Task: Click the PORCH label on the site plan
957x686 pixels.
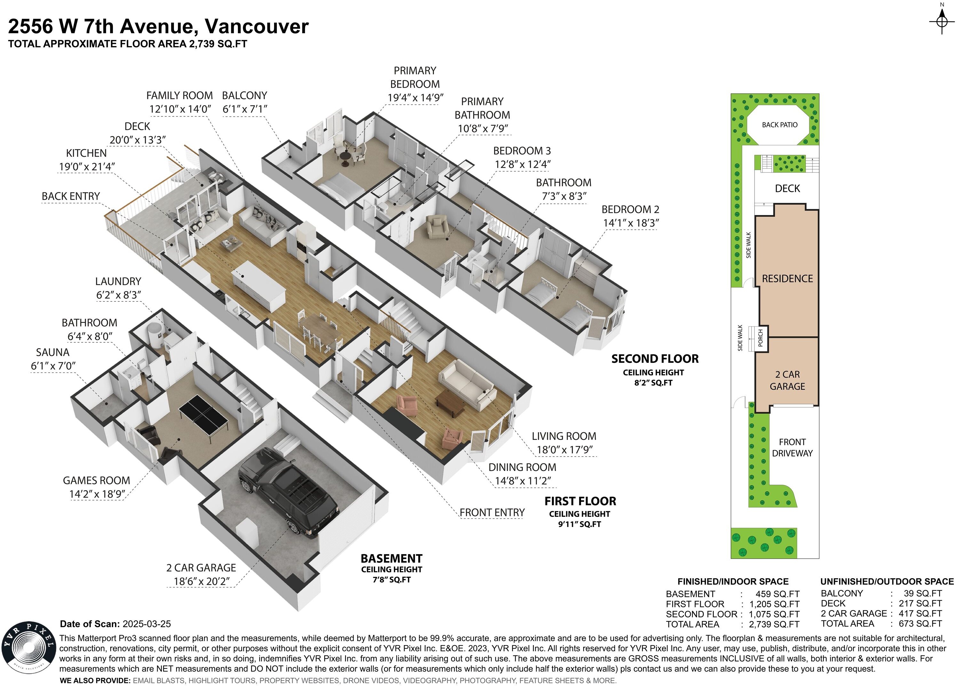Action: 761,338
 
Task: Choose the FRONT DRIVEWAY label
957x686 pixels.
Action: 792,448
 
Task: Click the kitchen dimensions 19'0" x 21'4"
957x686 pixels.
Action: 87,167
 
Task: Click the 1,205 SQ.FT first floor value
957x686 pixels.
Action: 774,604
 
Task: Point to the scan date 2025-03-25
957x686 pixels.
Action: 146,624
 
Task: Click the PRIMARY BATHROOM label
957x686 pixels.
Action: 482,108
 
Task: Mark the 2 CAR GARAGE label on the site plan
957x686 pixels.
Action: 787,380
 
